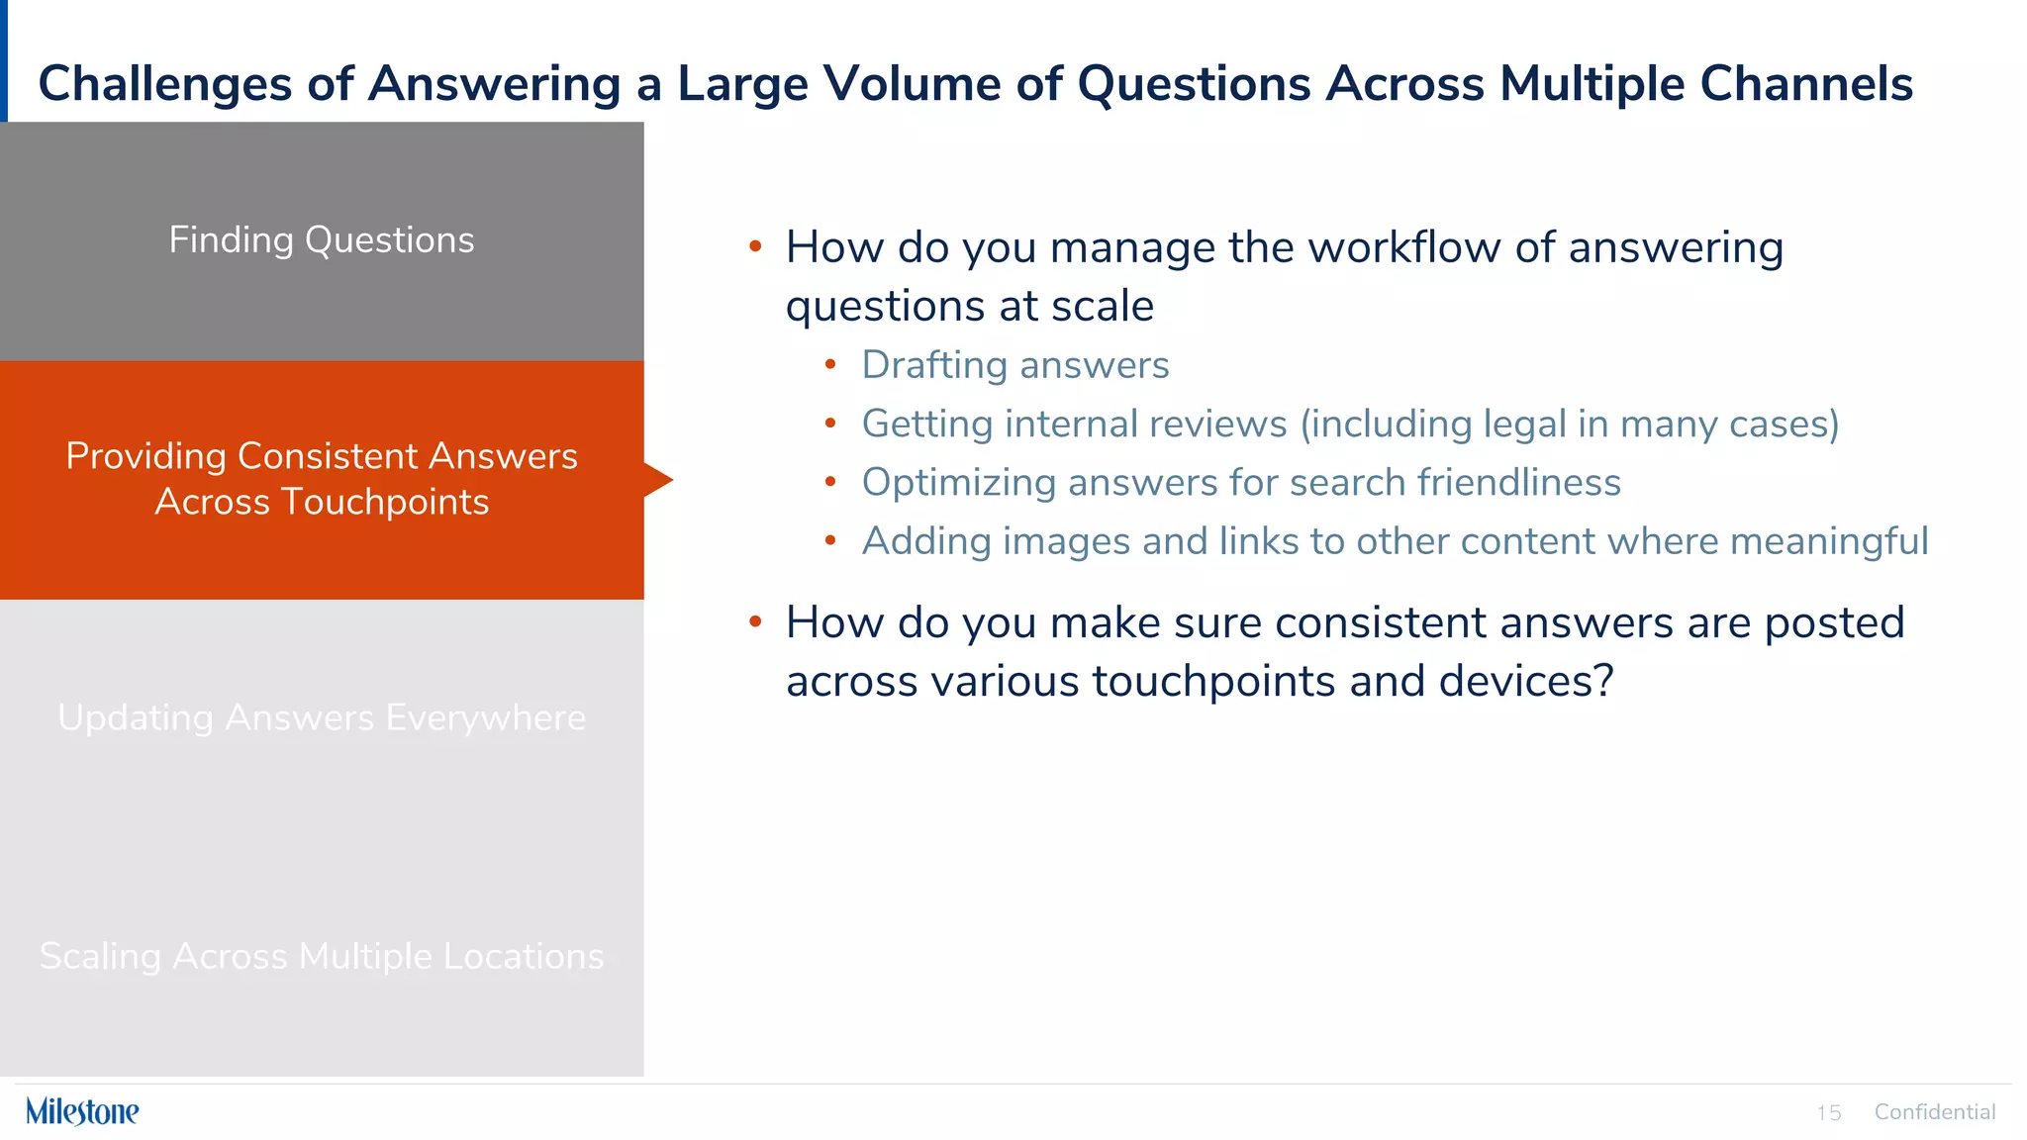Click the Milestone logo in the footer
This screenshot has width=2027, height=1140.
click(x=82, y=1111)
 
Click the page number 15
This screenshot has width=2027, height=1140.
click(x=1828, y=1113)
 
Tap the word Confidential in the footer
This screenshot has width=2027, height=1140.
click(x=1934, y=1112)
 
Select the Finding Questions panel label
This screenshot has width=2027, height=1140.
click(x=322, y=240)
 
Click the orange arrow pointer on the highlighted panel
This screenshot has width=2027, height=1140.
click(x=658, y=480)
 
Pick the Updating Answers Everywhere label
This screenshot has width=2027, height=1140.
click(x=322, y=717)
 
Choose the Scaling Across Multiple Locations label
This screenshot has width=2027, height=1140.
click(x=322, y=957)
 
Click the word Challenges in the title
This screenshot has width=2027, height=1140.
click(x=164, y=84)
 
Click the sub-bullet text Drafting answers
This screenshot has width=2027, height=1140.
click(x=1014, y=365)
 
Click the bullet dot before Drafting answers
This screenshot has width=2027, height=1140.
click(x=830, y=365)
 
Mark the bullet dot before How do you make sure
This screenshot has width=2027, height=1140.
click(x=755, y=621)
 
